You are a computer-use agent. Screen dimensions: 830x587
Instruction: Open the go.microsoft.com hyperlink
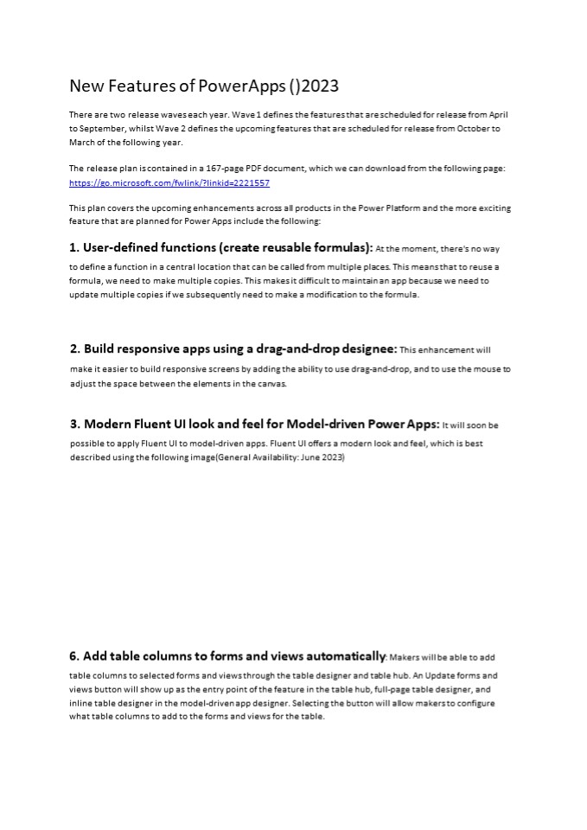(169, 183)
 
